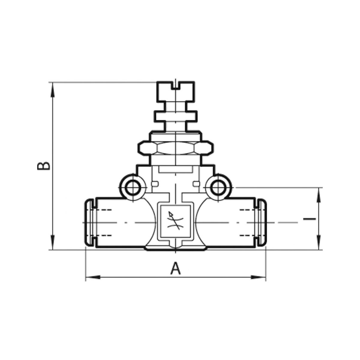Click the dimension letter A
(x=175, y=268)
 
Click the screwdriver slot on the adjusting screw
(x=175, y=85)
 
